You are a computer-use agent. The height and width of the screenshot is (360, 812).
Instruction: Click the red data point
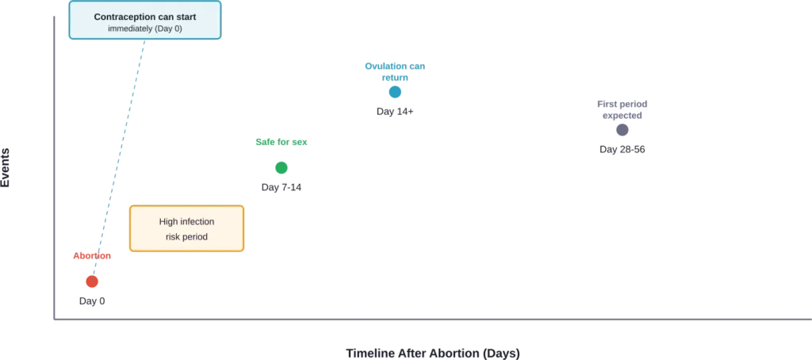[93, 281]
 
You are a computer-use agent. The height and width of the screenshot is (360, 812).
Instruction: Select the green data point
[282, 168]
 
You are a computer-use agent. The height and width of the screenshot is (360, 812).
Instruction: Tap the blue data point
[395, 91]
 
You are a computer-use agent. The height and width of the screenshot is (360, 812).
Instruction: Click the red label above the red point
[92, 255]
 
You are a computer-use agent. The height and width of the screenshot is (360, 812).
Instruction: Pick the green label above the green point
[282, 143]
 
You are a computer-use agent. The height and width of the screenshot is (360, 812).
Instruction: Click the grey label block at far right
[624, 111]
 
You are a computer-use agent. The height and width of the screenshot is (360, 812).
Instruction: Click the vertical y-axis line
[53, 159]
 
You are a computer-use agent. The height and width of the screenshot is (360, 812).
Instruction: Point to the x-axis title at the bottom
[431, 349]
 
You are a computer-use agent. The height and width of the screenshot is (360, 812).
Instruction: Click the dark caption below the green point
[282, 188]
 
